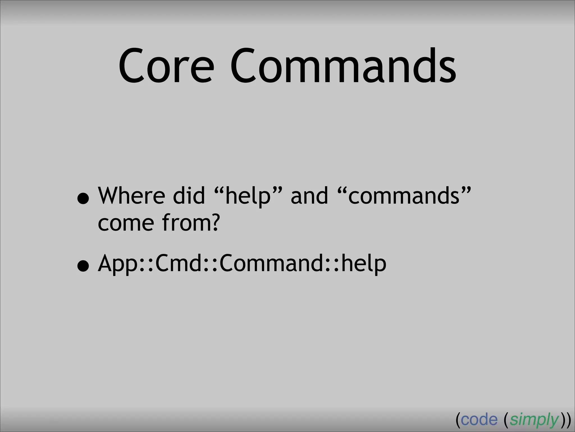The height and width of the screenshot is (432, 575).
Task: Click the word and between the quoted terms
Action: [x=309, y=196]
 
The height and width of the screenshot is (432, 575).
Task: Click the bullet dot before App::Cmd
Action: [x=83, y=266]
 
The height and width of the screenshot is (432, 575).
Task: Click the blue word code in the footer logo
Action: [x=479, y=420]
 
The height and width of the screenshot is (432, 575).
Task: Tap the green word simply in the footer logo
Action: [x=534, y=420]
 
